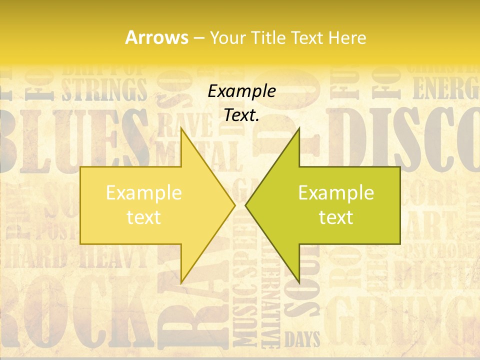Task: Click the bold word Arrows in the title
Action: (x=156, y=37)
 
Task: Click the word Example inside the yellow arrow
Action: (x=144, y=192)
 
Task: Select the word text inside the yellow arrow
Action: (x=144, y=217)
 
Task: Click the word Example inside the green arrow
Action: (x=336, y=192)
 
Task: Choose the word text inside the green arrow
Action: (x=336, y=217)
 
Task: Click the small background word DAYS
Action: (x=302, y=340)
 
